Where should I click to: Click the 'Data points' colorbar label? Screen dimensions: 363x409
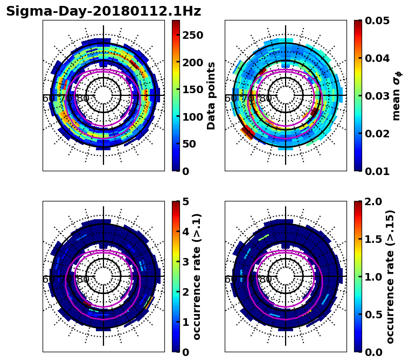(211, 95)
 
